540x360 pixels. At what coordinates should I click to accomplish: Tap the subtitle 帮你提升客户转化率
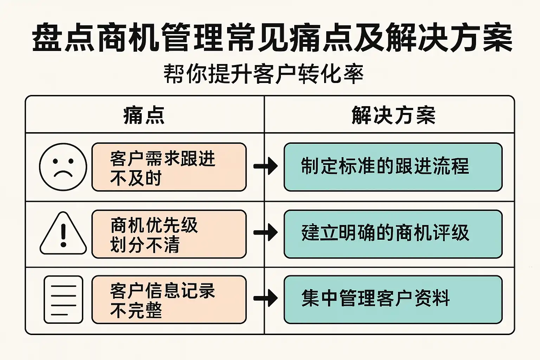click(x=263, y=74)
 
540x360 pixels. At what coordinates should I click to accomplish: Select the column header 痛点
click(x=144, y=115)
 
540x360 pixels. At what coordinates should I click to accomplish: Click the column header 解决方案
click(x=393, y=115)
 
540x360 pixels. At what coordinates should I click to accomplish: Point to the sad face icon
click(x=63, y=167)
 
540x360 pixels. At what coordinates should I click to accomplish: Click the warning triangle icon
click(x=63, y=233)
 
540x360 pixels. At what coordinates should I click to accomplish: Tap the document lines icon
click(x=63, y=300)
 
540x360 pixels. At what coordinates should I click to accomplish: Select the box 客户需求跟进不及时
click(x=169, y=167)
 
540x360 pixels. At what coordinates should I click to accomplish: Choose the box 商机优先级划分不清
click(x=169, y=234)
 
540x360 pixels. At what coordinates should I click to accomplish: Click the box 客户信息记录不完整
click(x=169, y=300)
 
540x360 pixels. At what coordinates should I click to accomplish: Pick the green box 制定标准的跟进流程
click(x=393, y=167)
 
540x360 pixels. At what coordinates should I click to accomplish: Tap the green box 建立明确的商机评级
click(x=393, y=234)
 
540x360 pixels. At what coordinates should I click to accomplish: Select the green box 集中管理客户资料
click(x=393, y=300)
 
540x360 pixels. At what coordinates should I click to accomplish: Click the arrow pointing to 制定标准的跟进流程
click(x=265, y=166)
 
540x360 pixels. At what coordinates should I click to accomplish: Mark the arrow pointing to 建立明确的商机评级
click(x=265, y=232)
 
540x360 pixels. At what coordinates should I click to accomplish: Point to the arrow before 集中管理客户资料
click(x=265, y=298)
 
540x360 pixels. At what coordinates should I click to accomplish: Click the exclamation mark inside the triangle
click(x=63, y=235)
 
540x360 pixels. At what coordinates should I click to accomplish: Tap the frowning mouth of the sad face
click(x=63, y=174)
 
